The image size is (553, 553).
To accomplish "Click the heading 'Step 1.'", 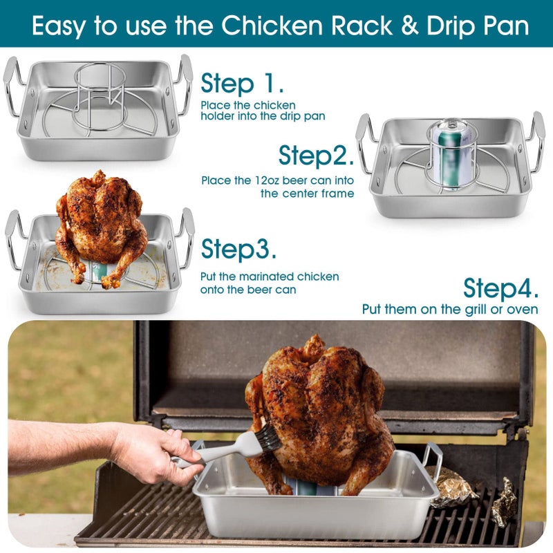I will click(243, 84).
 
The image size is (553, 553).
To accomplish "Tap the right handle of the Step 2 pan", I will click(537, 142).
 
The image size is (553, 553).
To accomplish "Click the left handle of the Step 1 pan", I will click(13, 86).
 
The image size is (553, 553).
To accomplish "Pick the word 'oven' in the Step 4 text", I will click(523, 310).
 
